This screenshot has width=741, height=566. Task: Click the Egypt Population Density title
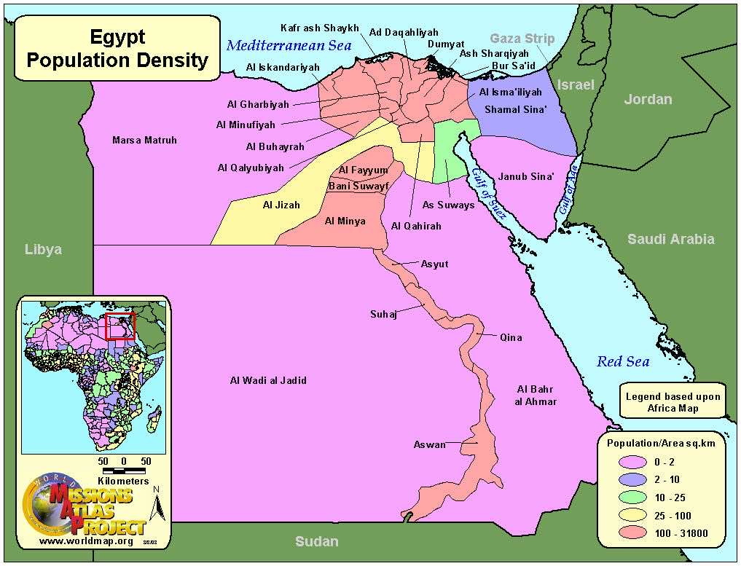tap(117, 48)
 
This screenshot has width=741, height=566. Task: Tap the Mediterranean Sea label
tap(289, 45)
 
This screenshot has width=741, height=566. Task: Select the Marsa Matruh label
tap(144, 140)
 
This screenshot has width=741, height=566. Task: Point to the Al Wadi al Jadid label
tap(268, 380)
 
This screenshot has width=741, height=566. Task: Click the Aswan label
tap(429, 444)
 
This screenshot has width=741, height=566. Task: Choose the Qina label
tap(511, 337)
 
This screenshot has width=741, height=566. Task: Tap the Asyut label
tap(435, 264)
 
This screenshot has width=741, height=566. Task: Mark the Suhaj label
tap(383, 315)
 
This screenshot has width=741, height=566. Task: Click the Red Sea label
tap(623, 361)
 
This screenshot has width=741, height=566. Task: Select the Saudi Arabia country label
tap(671, 239)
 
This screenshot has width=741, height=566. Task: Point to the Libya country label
tap(43, 249)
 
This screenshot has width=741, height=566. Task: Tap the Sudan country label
tap(316, 541)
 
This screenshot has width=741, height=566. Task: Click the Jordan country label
tap(648, 99)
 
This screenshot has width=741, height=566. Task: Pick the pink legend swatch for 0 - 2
tap(628, 462)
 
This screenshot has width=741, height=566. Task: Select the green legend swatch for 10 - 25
tap(628, 498)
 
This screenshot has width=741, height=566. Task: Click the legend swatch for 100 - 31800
tap(628, 533)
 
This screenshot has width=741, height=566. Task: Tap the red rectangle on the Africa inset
tap(120, 326)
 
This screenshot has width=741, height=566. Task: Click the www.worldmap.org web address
tap(86, 541)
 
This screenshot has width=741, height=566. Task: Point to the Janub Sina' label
tap(526, 176)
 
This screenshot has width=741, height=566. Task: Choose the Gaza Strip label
tap(522, 39)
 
